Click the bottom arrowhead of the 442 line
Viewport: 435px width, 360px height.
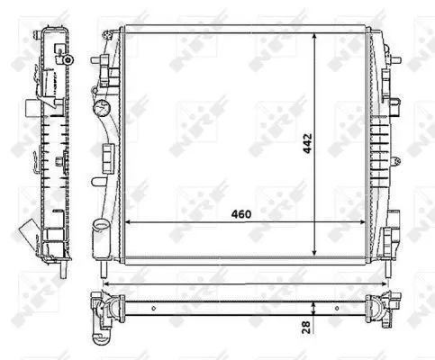click(313, 253)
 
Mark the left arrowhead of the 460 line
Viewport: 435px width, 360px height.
click(127, 221)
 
